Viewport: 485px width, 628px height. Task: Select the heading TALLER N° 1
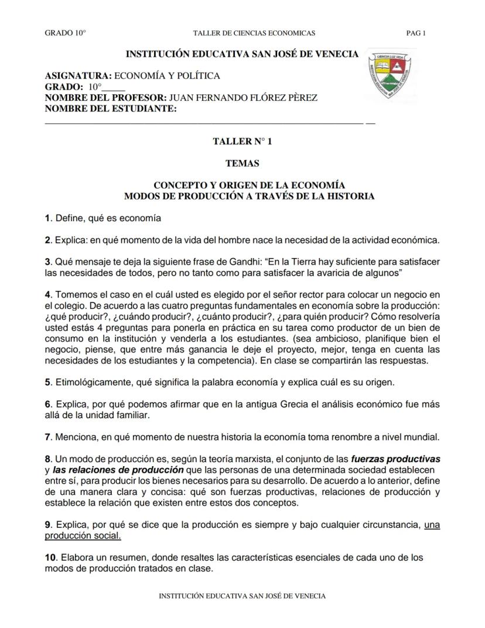pos(243,142)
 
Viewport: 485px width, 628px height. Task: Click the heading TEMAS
pos(243,164)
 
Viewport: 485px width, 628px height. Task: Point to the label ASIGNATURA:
pos(78,76)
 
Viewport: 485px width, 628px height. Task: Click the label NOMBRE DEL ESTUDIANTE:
pos(111,108)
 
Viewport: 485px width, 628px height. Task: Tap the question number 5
pos(47,383)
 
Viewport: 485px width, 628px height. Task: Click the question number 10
pos(50,558)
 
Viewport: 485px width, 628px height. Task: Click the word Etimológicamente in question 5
pos(94,383)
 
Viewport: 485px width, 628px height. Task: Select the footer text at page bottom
pos(243,596)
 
